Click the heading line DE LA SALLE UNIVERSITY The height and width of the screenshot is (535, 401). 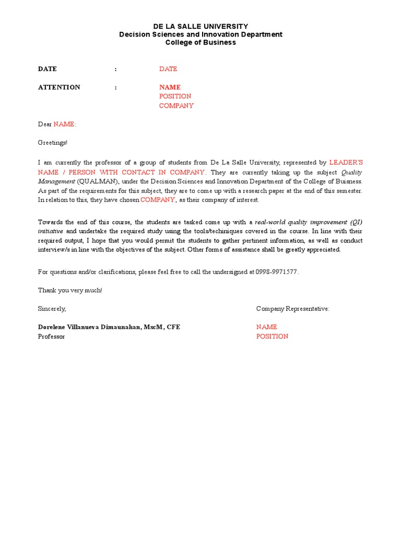pos(200,26)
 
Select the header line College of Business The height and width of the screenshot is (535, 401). pos(200,42)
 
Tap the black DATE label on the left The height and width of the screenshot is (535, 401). pos(48,69)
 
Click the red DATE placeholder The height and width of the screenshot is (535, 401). pos(168,69)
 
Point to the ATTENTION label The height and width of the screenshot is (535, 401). pos(59,87)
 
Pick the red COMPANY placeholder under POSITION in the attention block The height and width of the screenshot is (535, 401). pos(176,106)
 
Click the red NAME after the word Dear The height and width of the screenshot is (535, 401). pos(65,124)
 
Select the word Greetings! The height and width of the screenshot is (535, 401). pos(53,143)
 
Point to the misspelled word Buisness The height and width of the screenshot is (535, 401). pos(349,181)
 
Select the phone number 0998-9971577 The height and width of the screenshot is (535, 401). pos(277,272)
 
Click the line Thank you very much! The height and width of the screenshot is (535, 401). pos(70,290)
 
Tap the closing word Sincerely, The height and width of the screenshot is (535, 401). pos(52,309)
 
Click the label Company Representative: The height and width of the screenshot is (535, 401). pos(292,309)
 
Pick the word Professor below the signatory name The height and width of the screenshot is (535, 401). pos(52,336)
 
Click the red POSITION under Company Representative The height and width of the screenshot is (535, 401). pos(272,336)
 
